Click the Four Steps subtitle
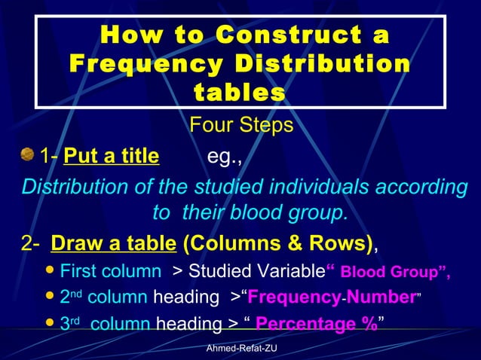click(240, 125)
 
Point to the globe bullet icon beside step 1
click(28, 155)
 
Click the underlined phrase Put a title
click(112, 157)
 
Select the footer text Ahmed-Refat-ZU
click(240, 349)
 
